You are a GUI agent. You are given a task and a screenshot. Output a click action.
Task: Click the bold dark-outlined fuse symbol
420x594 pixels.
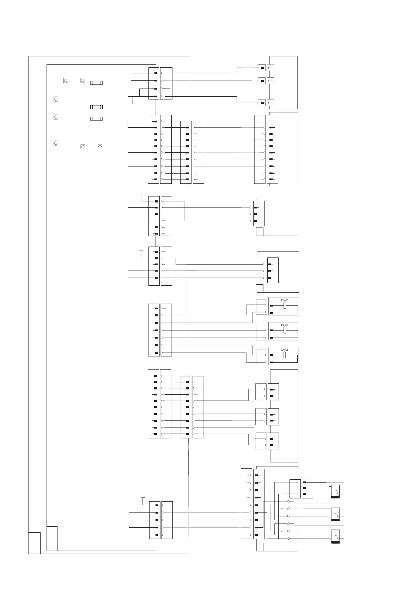[x=96, y=107]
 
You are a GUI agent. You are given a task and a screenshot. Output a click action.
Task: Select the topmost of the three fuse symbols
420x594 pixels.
[x=96, y=83]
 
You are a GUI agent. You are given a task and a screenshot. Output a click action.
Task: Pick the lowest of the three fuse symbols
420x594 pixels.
[x=96, y=119]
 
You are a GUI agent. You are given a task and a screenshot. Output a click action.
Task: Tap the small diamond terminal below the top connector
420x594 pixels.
[x=132, y=103]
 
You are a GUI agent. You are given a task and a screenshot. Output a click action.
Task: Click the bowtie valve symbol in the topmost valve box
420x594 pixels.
[x=285, y=300]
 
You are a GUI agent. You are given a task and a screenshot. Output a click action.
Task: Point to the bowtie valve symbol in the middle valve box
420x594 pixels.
[x=285, y=325]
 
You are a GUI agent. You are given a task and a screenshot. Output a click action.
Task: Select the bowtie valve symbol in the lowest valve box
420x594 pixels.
[x=285, y=350]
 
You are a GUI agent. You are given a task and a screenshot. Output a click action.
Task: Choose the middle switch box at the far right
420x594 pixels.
[x=335, y=514]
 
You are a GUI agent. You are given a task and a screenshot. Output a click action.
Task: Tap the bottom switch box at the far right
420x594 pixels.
[x=335, y=536]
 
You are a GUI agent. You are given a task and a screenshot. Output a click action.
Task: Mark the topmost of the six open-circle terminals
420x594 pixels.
[x=288, y=501]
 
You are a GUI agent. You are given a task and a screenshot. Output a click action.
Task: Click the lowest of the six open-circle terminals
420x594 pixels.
[x=288, y=539]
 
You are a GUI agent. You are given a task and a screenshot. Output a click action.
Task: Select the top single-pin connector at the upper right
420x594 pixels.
[x=262, y=67]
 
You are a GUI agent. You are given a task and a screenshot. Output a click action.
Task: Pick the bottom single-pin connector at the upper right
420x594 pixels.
[x=262, y=103]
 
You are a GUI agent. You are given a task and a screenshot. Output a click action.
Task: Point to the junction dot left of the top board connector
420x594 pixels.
[x=140, y=96]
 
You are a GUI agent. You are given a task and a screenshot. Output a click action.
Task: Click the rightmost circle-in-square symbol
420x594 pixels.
[x=100, y=146]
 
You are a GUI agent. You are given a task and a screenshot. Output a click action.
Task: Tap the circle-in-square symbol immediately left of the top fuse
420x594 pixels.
[x=83, y=80]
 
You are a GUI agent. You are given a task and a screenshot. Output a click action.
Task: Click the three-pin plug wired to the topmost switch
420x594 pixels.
[x=308, y=488]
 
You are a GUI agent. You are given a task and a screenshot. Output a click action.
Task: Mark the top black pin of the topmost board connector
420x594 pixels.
[x=156, y=73]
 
